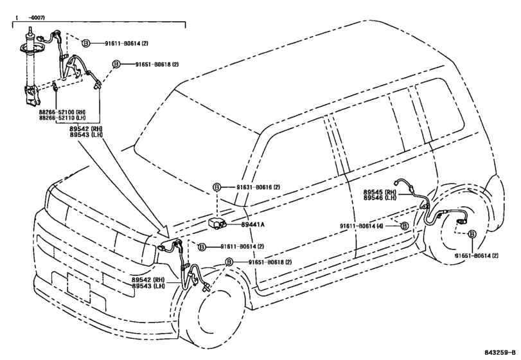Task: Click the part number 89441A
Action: [x=252, y=224]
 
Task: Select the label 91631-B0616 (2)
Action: [x=258, y=187]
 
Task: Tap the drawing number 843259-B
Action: [x=499, y=352]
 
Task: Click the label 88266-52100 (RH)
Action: [x=62, y=113]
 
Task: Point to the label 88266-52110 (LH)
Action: [x=62, y=118]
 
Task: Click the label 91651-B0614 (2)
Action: [x=477, y=256]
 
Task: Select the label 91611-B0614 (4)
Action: [x=362, y=226]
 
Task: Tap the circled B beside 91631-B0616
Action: [x=216, y=188]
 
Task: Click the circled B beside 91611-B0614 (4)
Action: [x=404, y=226]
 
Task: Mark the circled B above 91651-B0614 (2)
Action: [x=472, y=234]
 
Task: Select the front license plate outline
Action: [x=78, y=287]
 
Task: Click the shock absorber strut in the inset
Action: [x=31, y=66]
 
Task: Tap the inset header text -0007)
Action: [x=37, y=17]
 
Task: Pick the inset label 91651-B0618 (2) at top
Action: [x=157, y=64]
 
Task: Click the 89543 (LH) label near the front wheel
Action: [x=148, y=286]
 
